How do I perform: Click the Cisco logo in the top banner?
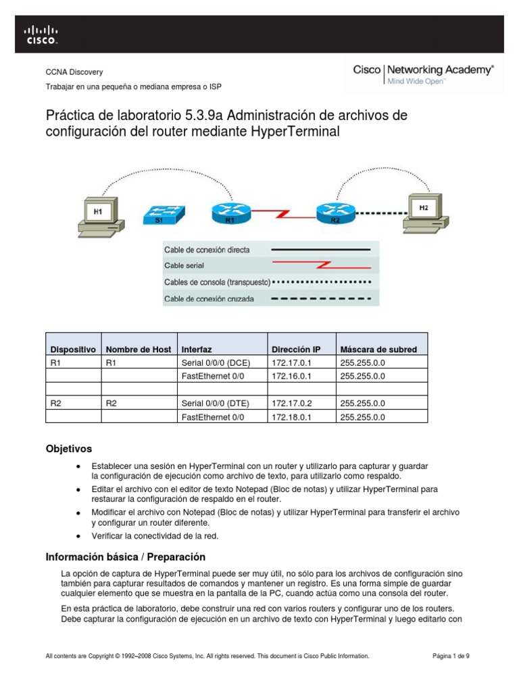tap(41, 34)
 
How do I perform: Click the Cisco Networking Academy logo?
tap(423, 74)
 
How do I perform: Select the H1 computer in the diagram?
tap(99, 215)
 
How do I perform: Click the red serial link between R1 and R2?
tap(282, 214)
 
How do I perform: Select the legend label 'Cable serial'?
tap(184, 265)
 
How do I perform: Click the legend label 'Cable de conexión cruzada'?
tap(209, 298)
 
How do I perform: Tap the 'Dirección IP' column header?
tap(296, 350)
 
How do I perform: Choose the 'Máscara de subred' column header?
tap(378, 350)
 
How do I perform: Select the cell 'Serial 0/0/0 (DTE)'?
tap(215, 403)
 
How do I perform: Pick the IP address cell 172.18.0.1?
tap(290, 417)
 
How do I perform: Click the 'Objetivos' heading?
tap(68, 449)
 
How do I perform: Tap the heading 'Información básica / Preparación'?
tap(125, 557)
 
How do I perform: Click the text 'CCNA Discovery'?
tap(74, 72)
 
